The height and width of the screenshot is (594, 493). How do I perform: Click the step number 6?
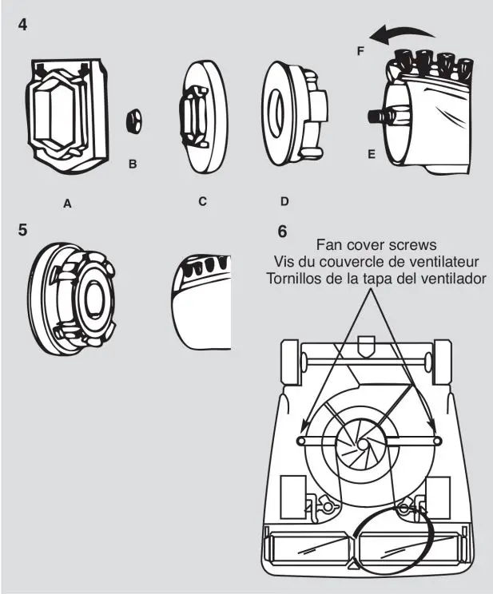click(282, 232)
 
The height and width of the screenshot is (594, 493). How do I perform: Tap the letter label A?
click(68, 204)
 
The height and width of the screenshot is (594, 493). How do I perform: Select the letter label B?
click(133, 164)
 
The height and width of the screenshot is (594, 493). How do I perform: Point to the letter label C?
click(203, 201)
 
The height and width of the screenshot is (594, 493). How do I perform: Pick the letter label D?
click(284, 201)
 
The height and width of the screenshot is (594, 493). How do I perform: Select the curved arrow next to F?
click(402, 34)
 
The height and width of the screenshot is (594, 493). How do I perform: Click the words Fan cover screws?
click(376, 244)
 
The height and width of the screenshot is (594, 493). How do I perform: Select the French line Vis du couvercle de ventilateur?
click(376, 261)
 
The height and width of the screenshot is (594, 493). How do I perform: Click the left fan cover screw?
click(301, 441)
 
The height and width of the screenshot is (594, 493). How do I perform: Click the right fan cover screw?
click(437, 441)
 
